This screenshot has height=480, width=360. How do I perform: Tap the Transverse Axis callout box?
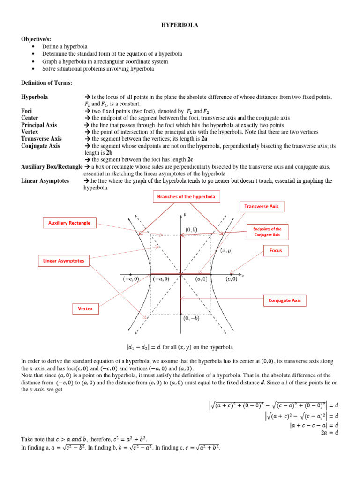[x=261, y=206]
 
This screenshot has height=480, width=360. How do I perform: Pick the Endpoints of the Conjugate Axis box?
[x=268, y=232]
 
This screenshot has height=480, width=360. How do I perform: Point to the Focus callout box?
[x=275, y=251]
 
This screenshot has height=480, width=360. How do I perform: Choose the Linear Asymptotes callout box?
[x=64, y=260]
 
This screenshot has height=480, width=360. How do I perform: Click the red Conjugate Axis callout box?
[x=284, y=300]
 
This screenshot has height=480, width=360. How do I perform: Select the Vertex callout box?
[x=85, y=308]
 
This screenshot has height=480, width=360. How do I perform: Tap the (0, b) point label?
[x=191, y=229]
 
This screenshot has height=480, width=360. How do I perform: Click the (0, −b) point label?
[x=191, y=319]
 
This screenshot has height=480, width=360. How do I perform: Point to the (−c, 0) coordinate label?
[x=131, y=279]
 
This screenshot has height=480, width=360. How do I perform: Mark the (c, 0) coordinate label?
[x=231, y=279]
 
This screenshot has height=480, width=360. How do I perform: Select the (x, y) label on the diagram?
[x=226, y=251]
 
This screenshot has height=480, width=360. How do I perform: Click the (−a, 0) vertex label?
[x=161, y=279]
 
